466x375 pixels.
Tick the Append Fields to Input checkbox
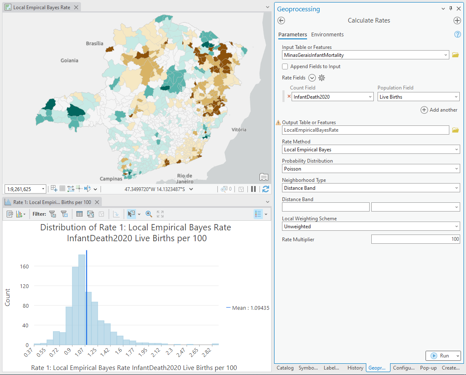coord(285,66)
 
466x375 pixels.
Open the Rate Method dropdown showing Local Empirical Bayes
coord(370,150)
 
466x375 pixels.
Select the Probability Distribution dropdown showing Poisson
coord(370,169)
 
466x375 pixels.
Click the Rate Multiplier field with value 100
coord(415,240)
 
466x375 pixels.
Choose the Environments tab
coord(327,35)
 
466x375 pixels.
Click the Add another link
coord(439,110)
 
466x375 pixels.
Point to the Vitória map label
coord(239,130)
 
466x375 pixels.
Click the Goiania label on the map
coord(69,61)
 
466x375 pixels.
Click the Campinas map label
coord(111,179)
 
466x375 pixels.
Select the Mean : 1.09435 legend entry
coord(248,308)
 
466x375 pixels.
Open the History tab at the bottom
coord(355,368)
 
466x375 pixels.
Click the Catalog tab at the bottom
coord(285,368)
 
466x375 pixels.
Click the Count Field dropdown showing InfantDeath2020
coord(332,97)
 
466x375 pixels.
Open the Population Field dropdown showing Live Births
coord(418,97)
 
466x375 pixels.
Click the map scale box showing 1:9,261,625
coord(25,189)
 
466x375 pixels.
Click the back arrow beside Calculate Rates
coord(281,20)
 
